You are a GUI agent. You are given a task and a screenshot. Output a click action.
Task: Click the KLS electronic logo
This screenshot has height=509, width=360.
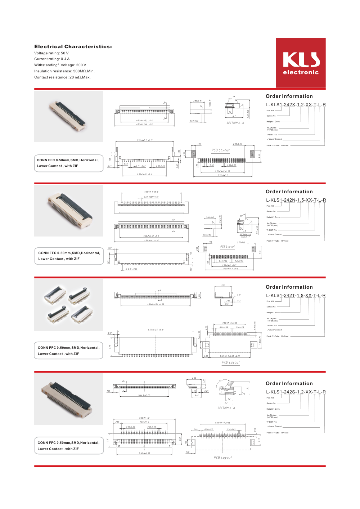(301, 63)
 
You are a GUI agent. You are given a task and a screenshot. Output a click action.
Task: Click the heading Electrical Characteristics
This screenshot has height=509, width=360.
(73, 47)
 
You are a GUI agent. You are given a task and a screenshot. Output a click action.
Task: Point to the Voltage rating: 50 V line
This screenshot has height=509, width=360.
(51, 53)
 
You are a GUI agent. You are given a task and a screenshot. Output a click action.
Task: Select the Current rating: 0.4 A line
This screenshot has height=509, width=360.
(52, 59)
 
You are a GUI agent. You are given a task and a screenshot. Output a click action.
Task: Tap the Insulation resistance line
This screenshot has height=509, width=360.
(64, 71)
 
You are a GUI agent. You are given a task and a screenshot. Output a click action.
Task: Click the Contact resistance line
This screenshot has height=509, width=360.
(62, 77)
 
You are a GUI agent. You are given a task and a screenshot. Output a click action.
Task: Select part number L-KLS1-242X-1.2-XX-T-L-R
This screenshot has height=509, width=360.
(296, 105)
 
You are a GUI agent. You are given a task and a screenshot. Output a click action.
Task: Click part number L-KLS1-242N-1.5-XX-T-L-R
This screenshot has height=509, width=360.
(296, 200)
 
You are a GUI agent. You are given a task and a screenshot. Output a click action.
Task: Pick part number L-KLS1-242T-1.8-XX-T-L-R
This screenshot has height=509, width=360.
(296, 296)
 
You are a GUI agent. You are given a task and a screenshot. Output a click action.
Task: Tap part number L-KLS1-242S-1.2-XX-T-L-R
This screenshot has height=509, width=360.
(296, 392)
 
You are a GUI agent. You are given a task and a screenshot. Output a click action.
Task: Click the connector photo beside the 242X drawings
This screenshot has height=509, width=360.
(68, 116)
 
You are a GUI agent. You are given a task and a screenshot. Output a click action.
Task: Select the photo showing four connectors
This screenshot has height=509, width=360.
(68, 305)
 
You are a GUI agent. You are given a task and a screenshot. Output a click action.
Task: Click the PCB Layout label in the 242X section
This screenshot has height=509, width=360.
(220, 150)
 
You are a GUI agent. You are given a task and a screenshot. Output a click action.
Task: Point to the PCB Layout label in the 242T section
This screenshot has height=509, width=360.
(231, 362)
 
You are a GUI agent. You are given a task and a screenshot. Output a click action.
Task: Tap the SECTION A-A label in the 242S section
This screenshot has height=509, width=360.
(226, 408)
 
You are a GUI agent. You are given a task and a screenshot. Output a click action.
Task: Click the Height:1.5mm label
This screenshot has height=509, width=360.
(273, 217)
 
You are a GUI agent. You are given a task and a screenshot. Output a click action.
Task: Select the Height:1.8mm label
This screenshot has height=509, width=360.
(273, 313)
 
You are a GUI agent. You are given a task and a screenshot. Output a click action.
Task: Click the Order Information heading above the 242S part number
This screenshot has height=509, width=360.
(289, 384)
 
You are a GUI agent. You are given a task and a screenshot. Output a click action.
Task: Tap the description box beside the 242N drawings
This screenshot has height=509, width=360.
(69, 256)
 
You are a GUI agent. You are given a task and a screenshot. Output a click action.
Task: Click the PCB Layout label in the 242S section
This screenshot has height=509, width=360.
(223, 458)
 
